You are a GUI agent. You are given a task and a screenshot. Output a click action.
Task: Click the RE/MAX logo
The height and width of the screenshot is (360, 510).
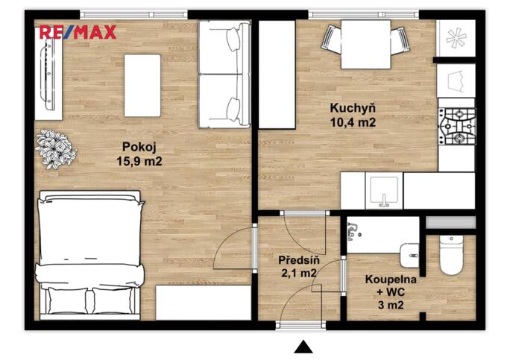pos(78,33)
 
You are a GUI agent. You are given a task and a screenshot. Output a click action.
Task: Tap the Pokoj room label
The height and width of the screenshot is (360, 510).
pos(139,147)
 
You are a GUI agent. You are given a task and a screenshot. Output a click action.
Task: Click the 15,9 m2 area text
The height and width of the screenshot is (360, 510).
pos(139,161)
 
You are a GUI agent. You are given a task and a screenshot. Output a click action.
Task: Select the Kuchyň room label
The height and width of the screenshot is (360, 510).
pos(353,107)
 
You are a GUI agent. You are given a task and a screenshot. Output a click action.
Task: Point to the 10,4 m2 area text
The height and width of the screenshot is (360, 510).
pos(353,122)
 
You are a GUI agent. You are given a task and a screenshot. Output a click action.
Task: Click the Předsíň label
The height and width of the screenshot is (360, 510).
pos(299,260)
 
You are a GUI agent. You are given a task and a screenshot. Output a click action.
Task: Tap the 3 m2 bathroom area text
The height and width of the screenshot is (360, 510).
pos(391,305)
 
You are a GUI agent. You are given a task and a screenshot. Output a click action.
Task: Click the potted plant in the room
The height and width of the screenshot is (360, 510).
pos(56,149)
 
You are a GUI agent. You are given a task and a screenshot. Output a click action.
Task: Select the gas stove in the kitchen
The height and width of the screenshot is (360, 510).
pos(457,126)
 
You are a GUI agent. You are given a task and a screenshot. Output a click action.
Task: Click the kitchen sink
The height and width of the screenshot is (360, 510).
pos(384,191)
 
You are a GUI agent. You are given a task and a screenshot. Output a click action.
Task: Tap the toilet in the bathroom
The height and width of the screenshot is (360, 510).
pos(451,256)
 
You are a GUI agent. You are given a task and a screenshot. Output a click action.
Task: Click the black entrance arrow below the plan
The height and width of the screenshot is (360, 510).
pos(303,347)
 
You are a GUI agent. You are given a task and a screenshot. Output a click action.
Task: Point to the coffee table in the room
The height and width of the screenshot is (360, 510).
pos(142,86)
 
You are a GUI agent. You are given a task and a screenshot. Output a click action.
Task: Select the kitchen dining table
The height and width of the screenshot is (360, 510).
pos(365,45)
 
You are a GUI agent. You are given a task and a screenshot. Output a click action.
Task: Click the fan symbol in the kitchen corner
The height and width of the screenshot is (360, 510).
pos(456,38)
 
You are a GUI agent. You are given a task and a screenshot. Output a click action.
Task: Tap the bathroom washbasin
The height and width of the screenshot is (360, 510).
pos(409,256)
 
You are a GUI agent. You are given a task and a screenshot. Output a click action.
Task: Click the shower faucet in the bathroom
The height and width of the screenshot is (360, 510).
pos(353,231)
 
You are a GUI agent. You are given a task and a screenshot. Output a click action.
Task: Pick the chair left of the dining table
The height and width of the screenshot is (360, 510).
pos(332,39)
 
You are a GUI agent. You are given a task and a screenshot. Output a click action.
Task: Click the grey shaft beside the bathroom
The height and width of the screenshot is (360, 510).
pos(451,222)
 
